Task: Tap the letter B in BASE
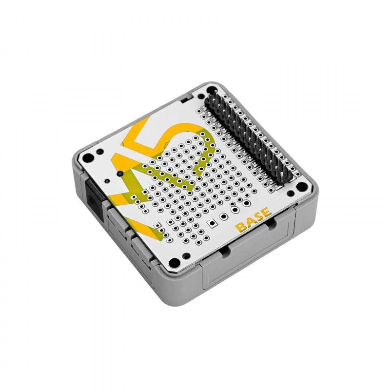tap(241, 227)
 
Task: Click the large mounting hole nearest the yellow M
tap(87, 158)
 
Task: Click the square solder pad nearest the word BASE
tap(212, 223)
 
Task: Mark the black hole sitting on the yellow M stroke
tap(120, 174)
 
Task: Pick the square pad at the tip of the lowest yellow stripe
tap(159, 225)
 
